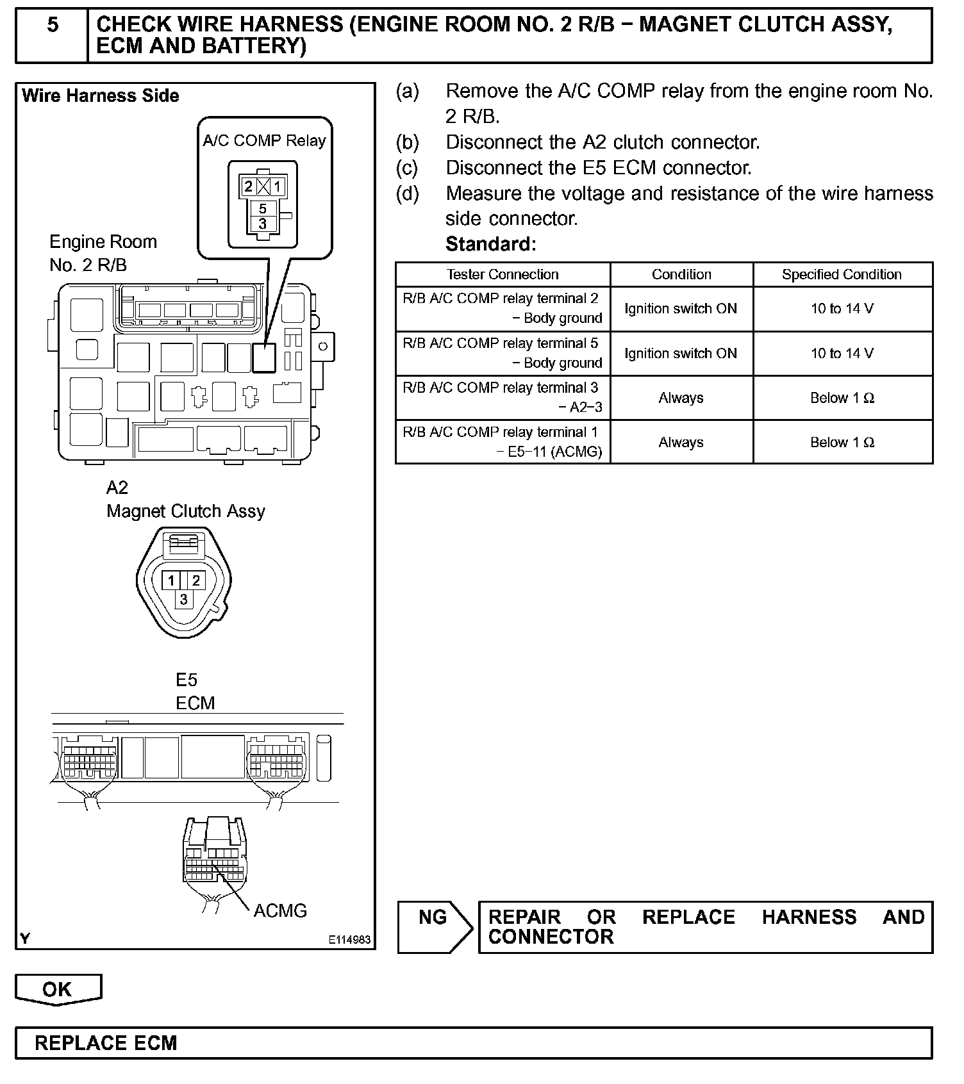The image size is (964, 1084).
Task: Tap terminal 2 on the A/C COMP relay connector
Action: click(248, 187)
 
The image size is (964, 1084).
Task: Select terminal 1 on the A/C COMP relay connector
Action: click(278, 187)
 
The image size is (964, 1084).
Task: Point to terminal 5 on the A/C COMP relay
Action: click(263, 209)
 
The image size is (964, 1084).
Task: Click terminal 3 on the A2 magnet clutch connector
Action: click(184, 600)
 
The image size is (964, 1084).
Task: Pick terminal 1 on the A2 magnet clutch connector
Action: click(171, 580)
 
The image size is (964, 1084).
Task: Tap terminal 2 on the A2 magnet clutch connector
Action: click(195, 580)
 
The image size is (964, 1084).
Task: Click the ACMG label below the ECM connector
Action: click(280, 910)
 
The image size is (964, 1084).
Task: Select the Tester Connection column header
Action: click(503, 274)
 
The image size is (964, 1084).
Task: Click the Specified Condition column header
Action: click(842, 274)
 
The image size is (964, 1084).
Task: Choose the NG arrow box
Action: click(434, 926)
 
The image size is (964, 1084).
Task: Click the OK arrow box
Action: click(58, 989)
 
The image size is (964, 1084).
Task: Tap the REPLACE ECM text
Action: click(106, 1043)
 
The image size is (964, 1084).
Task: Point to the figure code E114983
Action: click(349, 940)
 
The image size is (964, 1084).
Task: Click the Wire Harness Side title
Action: click(101, 96)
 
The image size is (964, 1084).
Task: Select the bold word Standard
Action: click(490, 244)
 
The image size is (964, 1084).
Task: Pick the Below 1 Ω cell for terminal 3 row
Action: click(842, 398)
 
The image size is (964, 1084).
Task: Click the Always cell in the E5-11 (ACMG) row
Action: click(681, 442)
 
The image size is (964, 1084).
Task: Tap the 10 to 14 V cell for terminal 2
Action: click(842, 309)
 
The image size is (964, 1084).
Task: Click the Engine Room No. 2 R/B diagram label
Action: click(103, 253)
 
